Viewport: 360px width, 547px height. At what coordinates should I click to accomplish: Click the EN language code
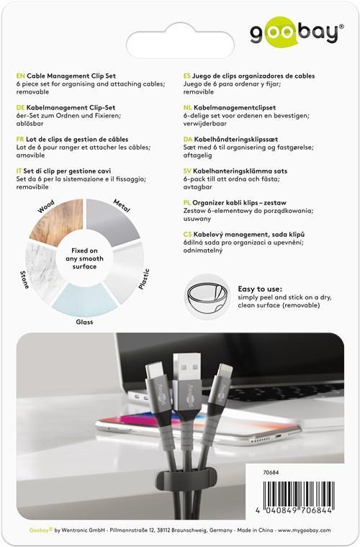(x=19, y=76)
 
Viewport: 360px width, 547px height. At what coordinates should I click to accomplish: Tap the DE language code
(x=19, y=107)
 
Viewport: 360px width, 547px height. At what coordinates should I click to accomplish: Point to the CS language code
(x=188, y=235)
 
